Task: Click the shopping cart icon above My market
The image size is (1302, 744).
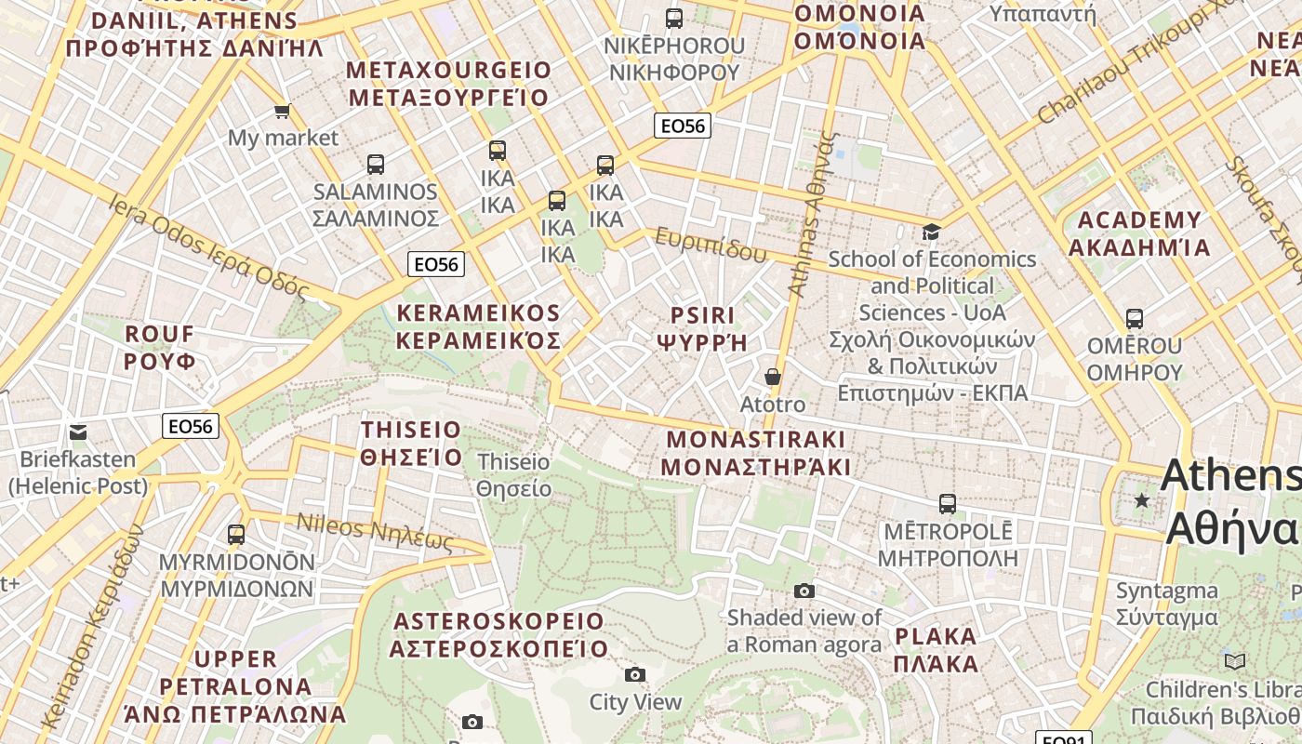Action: click(x=282, y=112)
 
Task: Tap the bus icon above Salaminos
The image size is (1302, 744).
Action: click(x=376, y=165)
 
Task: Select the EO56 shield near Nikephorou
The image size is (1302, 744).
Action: click(x=683, y=126)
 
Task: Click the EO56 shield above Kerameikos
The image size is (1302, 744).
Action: click(x=436, y=264)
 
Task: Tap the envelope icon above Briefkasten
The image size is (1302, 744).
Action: click(x=78, y=432)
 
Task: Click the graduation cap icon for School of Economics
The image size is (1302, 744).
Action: click(x=931, y=232)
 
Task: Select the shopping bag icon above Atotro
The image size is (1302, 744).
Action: click(x=772, y=377)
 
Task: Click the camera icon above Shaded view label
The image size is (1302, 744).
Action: click(x=804, y=591)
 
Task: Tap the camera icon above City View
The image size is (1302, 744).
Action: click(x=635, y=674)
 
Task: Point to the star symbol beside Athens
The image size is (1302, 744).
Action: click(x=1142, y=500)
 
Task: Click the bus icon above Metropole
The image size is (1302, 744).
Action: click(x=948, y=504)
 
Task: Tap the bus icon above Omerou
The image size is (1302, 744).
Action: click(x=1135, y=319)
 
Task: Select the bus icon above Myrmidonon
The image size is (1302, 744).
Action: click(x=236, y=535)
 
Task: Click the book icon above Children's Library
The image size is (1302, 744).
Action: click(x=1235, y=662)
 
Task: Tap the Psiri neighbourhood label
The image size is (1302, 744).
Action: click(x=702, y=328)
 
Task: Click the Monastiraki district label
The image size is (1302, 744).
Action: click(x=756, y=453)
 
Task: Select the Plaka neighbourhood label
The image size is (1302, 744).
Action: click(x=936, y=650)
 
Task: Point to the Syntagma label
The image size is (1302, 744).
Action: click(x=1166, y=604)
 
